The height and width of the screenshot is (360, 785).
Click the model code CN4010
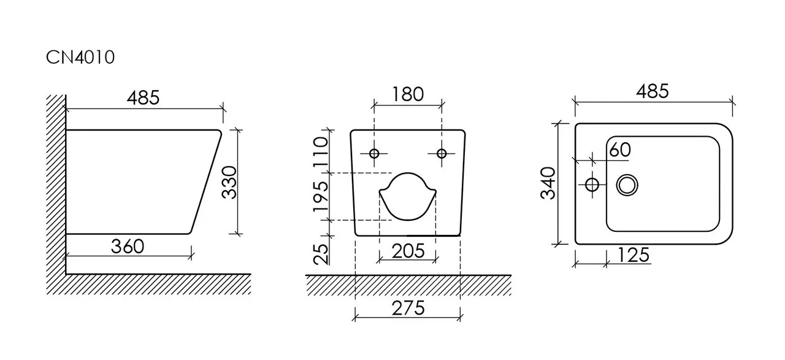(80, 57)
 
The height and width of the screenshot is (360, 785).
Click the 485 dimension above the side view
(143, 98)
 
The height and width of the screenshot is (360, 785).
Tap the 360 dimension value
(128, 247)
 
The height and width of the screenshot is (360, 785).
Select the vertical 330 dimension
(229, 182)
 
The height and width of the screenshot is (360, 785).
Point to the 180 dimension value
(408, 94)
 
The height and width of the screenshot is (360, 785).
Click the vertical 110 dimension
(321, 151)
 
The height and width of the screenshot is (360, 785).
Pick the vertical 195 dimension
(321, 197)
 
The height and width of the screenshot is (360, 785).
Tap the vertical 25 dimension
(321, 254)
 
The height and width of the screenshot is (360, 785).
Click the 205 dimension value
(408, 251)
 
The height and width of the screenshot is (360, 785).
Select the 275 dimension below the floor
(408, 308)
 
